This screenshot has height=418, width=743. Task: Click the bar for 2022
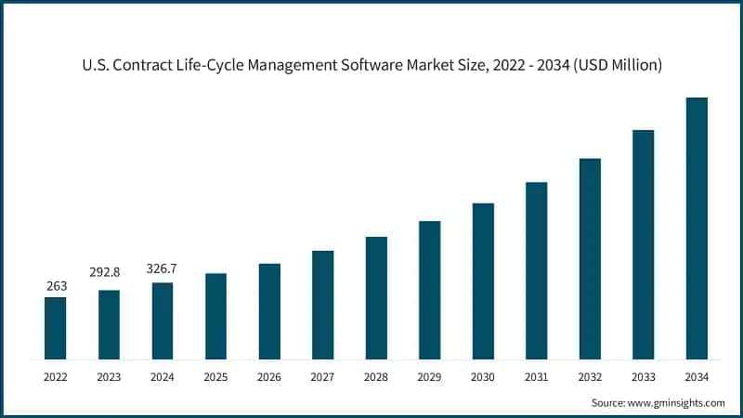click(56, 328)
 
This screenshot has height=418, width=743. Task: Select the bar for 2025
click(215, 316)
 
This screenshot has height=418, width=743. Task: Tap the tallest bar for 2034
click(697, 228)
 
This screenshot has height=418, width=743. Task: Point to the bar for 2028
click(376, 297)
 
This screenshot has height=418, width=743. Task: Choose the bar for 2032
click(590, 258)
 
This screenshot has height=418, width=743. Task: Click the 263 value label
click(56, 286)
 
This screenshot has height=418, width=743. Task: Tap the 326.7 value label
click(162, 268)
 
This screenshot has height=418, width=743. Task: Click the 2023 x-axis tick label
click(109, 377)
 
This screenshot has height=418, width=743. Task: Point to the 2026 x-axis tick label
click(269, 377)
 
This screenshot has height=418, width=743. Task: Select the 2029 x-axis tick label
click(429, 377)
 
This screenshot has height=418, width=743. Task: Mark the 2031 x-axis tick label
click(536, 377)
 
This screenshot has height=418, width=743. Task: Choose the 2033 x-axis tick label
click(643, 377)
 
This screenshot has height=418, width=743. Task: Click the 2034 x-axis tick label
click(697, 377)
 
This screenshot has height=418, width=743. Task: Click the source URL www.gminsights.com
click(677, 402)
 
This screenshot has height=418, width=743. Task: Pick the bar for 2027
click(322, 305)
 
